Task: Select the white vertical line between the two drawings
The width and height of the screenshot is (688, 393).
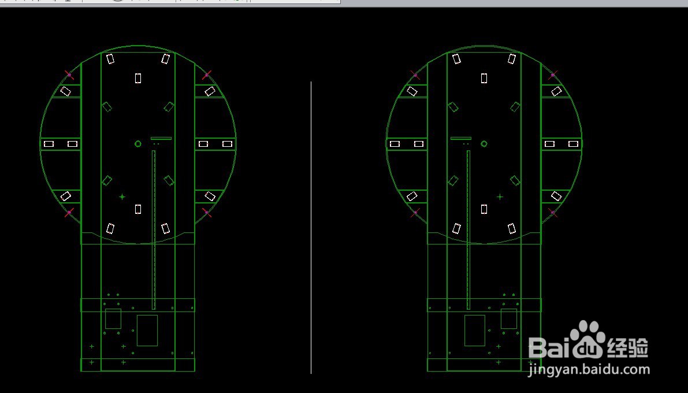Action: [311, 228]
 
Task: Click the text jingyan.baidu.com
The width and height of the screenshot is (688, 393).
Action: [589, 370]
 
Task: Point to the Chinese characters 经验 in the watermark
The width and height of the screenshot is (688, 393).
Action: [627, 348]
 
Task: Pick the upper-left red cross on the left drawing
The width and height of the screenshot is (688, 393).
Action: [69, 75]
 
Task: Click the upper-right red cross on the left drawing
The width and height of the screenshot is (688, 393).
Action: [207, 75]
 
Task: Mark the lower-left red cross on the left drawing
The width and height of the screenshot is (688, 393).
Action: [69, 213]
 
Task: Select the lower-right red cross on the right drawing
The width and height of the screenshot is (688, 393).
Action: [553, 213]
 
